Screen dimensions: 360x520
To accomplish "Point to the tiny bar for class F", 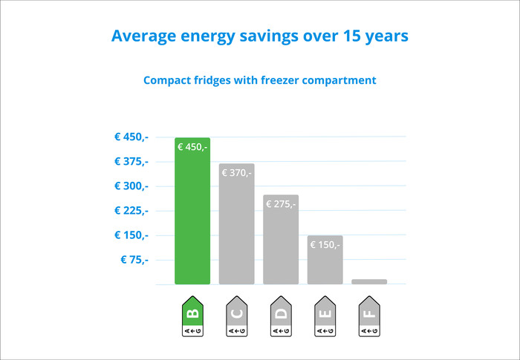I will point(369,281).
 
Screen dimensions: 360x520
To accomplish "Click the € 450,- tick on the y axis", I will point(131,137).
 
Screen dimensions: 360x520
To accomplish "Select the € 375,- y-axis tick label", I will point(131,161).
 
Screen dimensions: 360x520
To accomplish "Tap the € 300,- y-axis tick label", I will point(131,186).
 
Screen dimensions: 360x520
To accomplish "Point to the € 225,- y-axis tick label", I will point(131,210).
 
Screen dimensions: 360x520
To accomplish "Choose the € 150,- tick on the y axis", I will point(131,235).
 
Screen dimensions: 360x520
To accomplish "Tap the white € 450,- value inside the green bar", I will point(192,147).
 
